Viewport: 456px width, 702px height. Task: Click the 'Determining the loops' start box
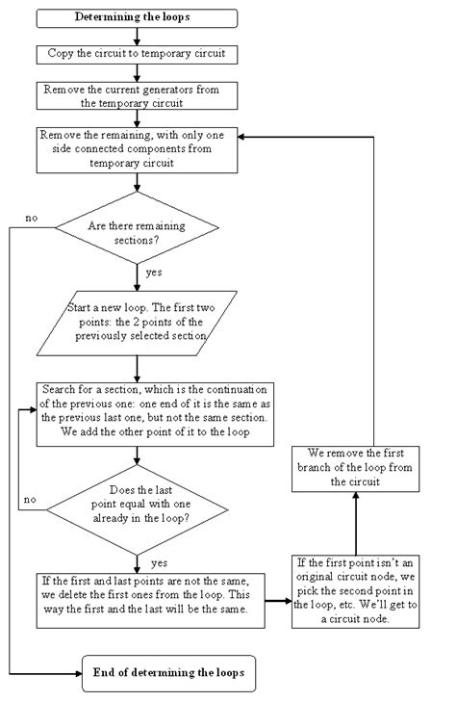pyautogui.click(x=139, y=18)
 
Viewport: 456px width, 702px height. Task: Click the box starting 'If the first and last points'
pyautogui.click(x=149, y=600)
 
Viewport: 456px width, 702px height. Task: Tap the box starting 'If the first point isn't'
pyautogui.click(x=356, y=590)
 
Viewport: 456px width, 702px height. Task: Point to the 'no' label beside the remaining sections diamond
pyautogui.click(x=31, y=219)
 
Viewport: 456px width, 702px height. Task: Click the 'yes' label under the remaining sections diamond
pyautogui.click(x=154, y=273)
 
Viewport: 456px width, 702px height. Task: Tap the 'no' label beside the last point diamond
pyautogui.click(x=31, y=500)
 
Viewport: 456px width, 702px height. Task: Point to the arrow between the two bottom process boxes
pyautogui.click(x=278, y=600)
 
